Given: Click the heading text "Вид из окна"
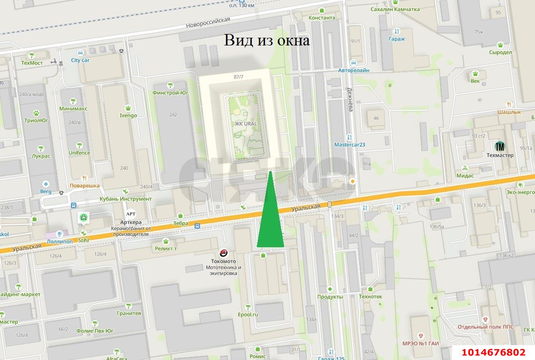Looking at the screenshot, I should pyautogui.click(x=267, y=40).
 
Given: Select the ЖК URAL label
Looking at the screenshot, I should pyautogui.click(x=246, y=124).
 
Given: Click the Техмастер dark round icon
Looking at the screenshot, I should pyautogui.click(x=500, y=147).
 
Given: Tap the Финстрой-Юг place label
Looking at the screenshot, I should pyautogui.click(x=171, y=93).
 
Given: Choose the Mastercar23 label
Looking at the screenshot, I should pyautogui.click(x=350, y=145).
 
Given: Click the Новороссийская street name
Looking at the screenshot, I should pyautogui.click(x=208, y=22).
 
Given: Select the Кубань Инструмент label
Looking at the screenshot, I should pyautogui.click(x=125, y=199).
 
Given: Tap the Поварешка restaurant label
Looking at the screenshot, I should pyautogui.click(x=85, y=185).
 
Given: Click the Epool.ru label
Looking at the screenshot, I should pyautogui.click(x=248, y=314).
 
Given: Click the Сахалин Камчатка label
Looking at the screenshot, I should pyautogui.click(x=395, y=9).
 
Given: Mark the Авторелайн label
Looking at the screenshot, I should pyautogui.click(x=354, y=70).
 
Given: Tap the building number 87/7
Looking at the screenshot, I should pyautogui.click(x=239, y=77).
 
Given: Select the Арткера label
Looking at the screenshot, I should pyautogui.click(x=131, y=222).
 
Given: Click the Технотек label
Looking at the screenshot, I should pyautogui.click(x=370, y=296).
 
